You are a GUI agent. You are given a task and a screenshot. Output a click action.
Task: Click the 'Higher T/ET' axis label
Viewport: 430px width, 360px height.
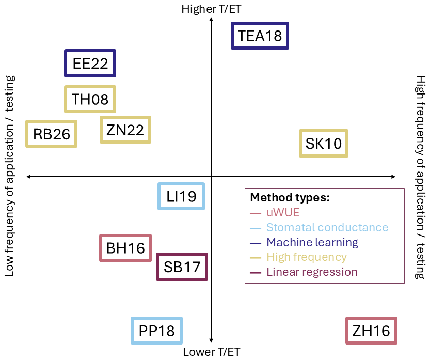[x=211, y=9]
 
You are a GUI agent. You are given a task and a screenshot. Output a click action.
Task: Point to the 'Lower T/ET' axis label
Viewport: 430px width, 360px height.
[x=212, y=352]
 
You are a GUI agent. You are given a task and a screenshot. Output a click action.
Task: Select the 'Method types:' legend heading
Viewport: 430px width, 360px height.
[x=290, y=197]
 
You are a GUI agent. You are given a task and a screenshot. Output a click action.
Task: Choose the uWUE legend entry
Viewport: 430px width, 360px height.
[x=275, y=213]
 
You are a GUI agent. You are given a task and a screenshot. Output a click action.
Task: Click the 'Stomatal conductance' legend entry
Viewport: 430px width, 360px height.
[x=319, y=227]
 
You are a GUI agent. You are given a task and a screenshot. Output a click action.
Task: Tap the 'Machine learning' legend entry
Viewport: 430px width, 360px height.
[x=304, y=243]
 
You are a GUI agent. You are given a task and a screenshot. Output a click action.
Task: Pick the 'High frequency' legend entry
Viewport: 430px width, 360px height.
[x=298, y=257]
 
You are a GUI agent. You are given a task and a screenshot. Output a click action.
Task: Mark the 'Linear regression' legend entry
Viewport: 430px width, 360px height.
[x=304, y=272]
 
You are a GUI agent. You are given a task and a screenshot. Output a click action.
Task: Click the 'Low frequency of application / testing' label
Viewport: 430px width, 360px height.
[x=10, y=176]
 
